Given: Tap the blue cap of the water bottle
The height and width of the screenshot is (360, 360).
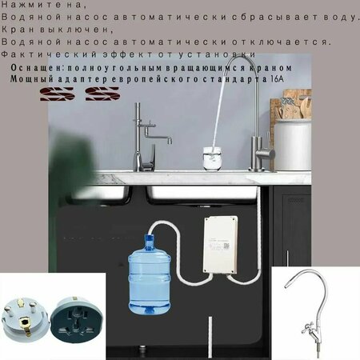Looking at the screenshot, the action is (150, 238).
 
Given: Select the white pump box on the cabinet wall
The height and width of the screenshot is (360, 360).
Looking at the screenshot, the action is (221, 246).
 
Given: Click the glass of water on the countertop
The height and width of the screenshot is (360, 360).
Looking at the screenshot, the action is (212, 158).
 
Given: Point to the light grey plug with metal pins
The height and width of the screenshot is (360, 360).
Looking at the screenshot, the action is (25, 319).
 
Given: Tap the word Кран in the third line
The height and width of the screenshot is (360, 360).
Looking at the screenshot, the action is (18, 30).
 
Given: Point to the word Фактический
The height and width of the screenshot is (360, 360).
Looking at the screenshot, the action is (49, 54).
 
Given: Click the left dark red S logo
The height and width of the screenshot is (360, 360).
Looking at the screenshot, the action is (57, 94).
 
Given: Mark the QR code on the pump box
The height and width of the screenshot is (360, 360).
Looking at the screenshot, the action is (226, 246).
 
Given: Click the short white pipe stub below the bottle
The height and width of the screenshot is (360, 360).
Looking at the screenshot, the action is (210, 337).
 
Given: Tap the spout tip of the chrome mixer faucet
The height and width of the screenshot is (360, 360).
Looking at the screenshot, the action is (170, 142).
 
